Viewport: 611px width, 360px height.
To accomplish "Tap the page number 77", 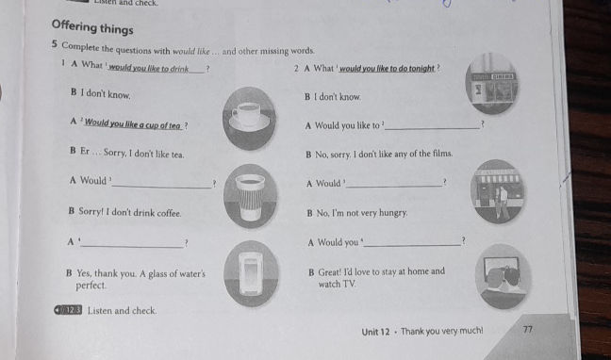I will (526, 330).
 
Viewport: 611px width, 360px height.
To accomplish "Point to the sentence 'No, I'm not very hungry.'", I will (357, 214).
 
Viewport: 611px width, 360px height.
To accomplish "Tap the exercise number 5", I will (56, 48).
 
